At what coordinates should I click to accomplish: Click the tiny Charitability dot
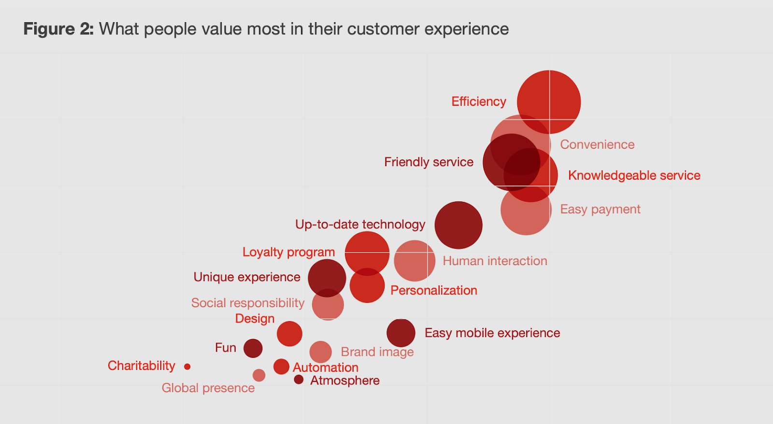point(187,367)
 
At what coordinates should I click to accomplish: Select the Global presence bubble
point(259,375)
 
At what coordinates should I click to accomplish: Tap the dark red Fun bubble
point(253,348)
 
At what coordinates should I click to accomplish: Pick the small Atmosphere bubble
point(299,380)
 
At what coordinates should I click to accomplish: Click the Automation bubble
point(281,367)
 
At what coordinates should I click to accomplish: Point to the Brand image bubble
point(320,352)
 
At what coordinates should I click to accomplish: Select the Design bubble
point(289,334)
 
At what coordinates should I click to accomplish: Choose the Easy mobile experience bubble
point(401,333)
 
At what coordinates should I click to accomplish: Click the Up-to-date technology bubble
point(458,225)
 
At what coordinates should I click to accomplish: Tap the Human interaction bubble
point(415,261)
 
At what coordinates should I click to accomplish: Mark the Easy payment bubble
point(526,212)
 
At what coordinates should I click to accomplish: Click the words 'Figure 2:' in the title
point(58,29)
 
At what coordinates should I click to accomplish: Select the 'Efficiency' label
point(478,101)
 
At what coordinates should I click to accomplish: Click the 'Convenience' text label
point(597,144)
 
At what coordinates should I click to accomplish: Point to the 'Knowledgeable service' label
point(634,175)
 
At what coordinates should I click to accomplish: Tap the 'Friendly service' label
point(429,162)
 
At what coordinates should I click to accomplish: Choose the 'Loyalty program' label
point(288,252)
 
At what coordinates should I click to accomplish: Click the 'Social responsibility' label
point(248,303)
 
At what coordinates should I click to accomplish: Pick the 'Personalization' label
point(433,290)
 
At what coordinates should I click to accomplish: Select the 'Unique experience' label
point(247,277)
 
